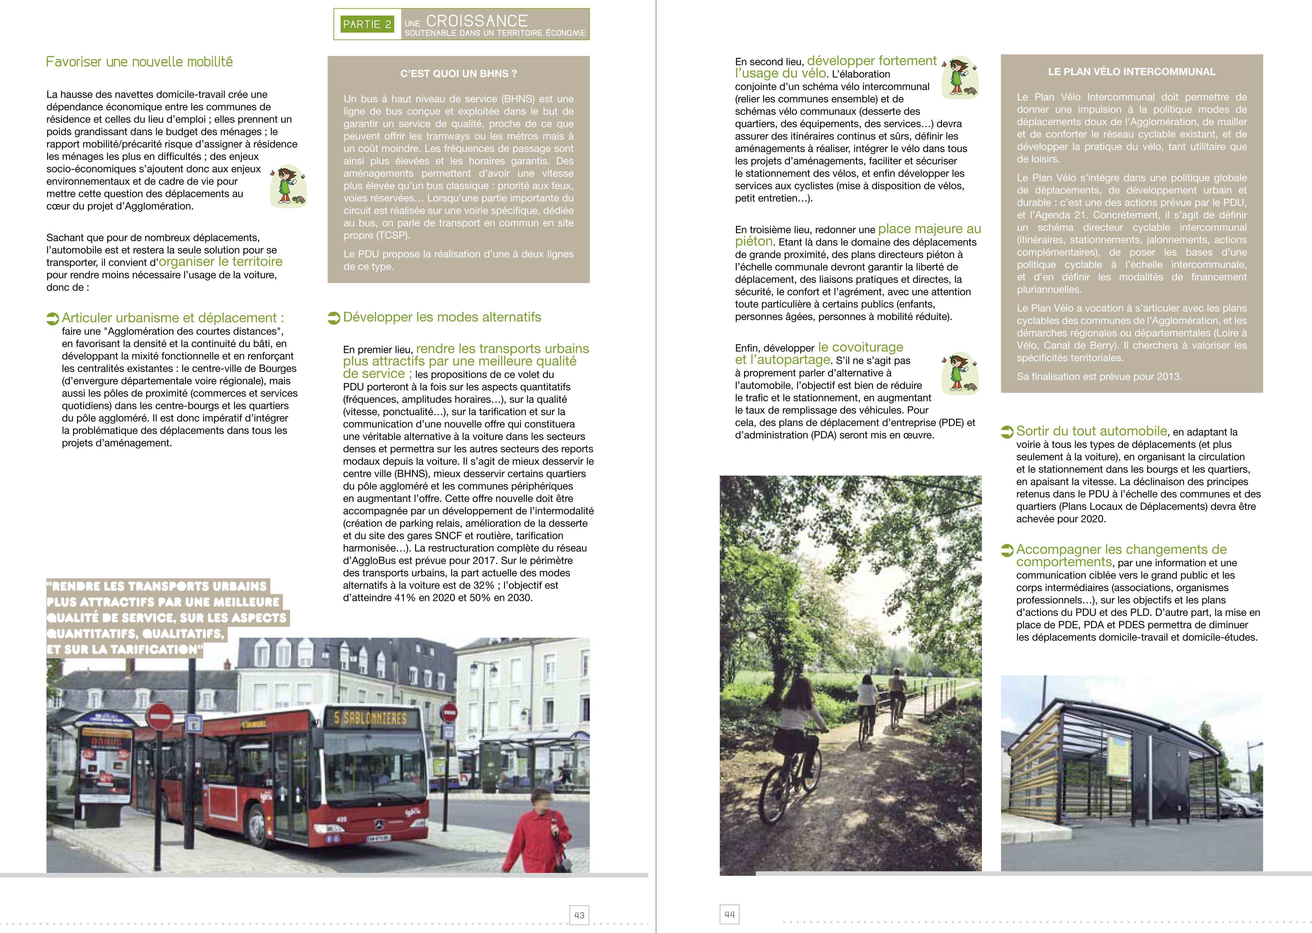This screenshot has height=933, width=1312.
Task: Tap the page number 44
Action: coord(729,914)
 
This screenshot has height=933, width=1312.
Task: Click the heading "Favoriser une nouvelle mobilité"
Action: coord(140,62)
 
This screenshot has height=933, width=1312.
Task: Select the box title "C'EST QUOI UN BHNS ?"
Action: coord(458,74)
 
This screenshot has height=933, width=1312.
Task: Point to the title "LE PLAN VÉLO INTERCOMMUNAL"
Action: coord(1132,72)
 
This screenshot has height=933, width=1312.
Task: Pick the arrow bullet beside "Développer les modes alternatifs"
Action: coord(334,318)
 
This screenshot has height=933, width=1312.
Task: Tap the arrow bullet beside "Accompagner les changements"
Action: coord(1007,550)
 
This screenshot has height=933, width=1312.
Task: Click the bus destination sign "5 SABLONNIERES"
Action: coord(370,718)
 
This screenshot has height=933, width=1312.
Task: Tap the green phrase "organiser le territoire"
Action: coord(221,262)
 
